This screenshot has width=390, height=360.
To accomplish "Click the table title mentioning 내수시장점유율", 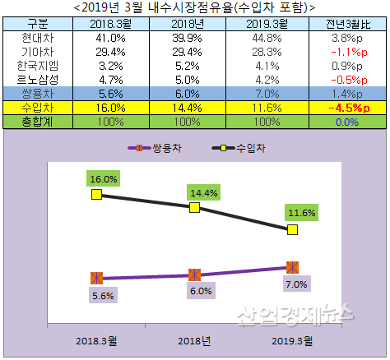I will [194, 7].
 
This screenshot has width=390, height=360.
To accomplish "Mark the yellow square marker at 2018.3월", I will [96, 194].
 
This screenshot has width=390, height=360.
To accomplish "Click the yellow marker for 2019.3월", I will [291, 230].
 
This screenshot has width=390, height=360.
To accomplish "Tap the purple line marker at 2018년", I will [194, 275].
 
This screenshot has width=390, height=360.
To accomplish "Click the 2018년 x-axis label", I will [194, 339].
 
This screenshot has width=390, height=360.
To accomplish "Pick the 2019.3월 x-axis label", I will [291, 339].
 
